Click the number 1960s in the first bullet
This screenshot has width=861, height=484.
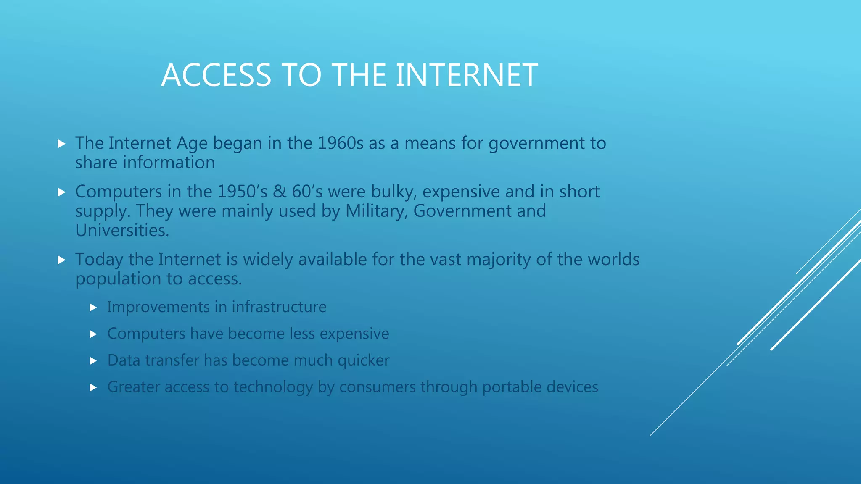coord(340,143)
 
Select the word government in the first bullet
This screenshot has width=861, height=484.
coord(536,144)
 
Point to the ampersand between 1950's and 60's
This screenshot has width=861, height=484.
coord(280,192)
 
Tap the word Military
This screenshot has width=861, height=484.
coord(377,211)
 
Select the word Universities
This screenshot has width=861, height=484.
coord(122,230)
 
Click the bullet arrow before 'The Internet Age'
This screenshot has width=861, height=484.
coord(61,144)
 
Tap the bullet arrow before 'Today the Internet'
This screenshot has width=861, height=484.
coord(61,260)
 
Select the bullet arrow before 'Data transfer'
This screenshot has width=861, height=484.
coord(93,361)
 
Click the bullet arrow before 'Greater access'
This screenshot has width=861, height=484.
coord(93,387)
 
